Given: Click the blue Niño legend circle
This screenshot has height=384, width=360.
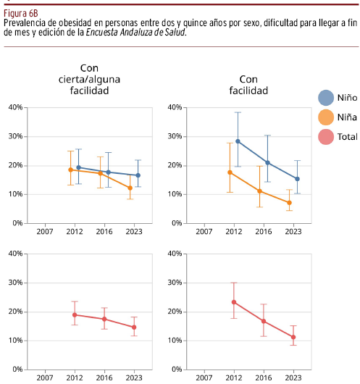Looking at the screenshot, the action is [326, 98].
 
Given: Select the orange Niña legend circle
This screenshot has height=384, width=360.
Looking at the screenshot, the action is [326, 117].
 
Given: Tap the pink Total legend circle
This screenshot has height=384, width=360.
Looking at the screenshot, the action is [326, 137].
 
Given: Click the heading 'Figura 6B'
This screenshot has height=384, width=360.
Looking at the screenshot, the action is [21, 13].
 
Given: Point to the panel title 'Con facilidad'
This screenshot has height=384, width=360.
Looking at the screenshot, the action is [248, 85].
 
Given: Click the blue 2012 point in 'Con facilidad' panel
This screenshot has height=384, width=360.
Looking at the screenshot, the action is [238, 141].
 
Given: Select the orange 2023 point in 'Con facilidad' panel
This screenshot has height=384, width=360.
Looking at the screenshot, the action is [289, 203].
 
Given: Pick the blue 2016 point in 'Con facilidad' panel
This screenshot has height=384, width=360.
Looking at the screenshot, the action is [267, 162].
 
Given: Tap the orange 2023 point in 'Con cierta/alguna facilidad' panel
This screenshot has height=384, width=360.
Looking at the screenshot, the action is [130, 188].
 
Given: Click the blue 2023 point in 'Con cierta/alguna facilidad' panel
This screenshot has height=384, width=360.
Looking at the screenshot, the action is [138, 175].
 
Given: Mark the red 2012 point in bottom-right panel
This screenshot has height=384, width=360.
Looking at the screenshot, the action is [234, 302].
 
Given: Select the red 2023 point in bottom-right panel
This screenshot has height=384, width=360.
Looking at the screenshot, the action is [293, 337].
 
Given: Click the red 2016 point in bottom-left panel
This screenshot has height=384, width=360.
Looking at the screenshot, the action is [104, 319].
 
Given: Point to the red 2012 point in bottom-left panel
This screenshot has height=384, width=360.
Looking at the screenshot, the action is [75, 315].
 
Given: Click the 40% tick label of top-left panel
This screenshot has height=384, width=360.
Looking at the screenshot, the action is [15, 107].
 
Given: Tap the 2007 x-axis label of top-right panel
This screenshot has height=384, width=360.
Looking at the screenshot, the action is [204, 231].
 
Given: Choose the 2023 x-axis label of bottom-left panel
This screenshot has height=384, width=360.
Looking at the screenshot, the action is [134, 377].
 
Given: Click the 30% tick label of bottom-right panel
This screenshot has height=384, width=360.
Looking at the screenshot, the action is [175, 283].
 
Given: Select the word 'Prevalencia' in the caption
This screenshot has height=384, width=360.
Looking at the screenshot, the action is [25, 22].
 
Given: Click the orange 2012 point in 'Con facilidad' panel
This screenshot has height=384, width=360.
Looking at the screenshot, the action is [230, 172].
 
